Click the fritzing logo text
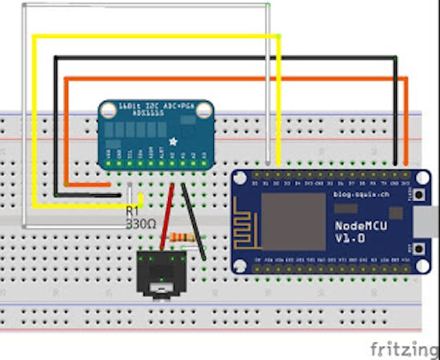coord(403,349)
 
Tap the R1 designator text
coord(132,211)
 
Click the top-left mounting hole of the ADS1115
coord(108,110)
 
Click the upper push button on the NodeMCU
coord(420,195)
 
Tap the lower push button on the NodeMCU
coord(420,248)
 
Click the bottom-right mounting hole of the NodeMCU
coord(422,266)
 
